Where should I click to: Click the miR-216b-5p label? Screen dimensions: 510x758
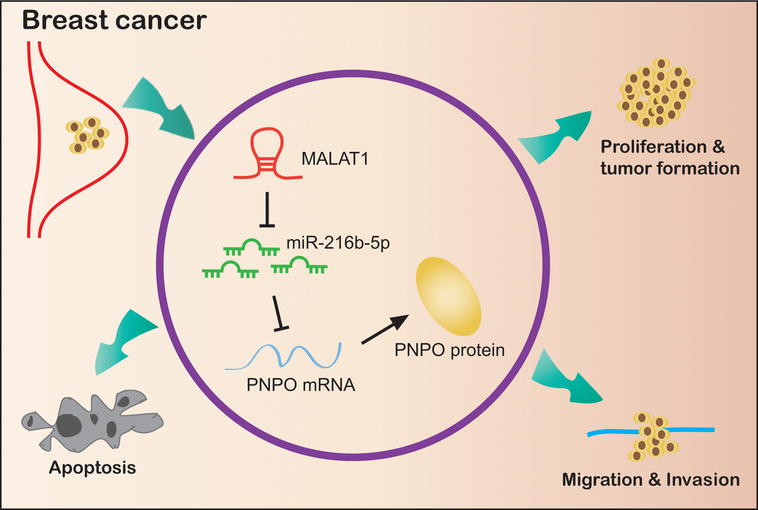[329, 243]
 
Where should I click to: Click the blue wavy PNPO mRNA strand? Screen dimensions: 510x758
[283, 354]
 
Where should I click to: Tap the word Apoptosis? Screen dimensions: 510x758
[92, 468]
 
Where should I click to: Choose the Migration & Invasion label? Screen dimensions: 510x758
[652, 480]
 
